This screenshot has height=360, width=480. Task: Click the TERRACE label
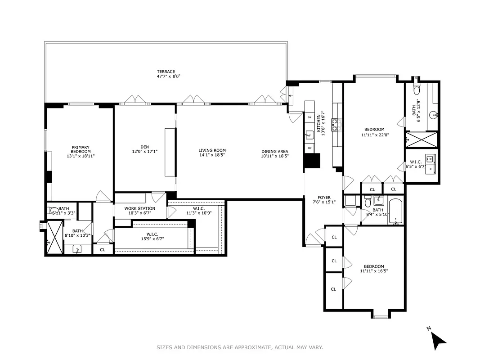pos(166,72)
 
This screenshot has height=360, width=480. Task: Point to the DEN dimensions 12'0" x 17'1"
pos(144,152)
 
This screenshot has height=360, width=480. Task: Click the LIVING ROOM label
pos(212,151)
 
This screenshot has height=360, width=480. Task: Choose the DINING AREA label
pos(274,151)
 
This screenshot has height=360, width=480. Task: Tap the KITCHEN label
pos(319,122)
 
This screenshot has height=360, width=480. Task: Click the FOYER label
pos(324,198)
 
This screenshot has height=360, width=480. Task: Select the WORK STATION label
pos(139,208)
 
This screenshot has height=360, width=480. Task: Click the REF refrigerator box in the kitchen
pos(310,148)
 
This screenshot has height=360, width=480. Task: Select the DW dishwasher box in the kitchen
pos(310,117)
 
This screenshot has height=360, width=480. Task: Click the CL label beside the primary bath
pos(103,250)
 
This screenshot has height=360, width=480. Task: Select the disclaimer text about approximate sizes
pos(240,347)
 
